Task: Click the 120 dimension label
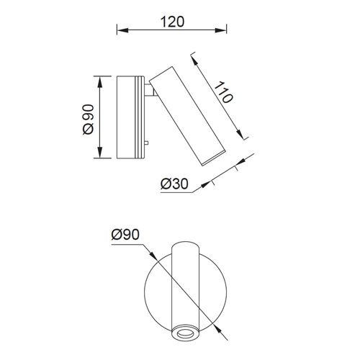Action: [172, 22]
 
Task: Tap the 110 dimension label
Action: [223, 92]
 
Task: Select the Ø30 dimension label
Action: [174, 184]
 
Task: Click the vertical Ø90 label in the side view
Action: [88, 120]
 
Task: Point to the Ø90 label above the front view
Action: [125, 235]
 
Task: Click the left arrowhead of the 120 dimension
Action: [122, 30]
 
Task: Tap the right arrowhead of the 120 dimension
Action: [221, 30]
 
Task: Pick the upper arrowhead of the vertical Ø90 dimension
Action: [100, 82]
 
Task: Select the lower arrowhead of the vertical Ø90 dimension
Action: [100, 153]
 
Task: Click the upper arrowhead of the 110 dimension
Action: [194, 60]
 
